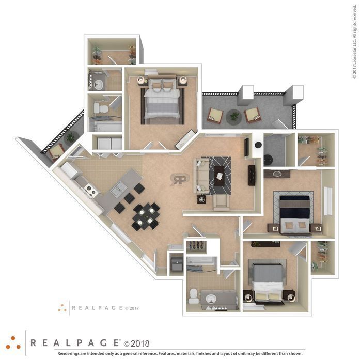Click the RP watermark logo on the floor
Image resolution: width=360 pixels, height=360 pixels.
[x=180, y=180]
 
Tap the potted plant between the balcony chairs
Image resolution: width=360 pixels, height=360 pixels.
[x=234, y=117]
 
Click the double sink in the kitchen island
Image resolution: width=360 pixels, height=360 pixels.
[x=119, y=189]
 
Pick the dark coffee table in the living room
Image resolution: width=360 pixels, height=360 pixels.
[x=220, y=176]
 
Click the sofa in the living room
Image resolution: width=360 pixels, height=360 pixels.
[x=201, y=176]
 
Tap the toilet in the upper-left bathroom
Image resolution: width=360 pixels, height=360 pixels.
[x=101, y=108]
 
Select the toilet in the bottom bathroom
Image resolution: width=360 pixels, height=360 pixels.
[x=193, y=296]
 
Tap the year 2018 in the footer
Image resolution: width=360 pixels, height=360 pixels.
[x=136, y=343]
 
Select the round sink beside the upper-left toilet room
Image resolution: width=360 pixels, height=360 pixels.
[x=99, y=84]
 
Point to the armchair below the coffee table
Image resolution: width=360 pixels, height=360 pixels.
[x=222, y=202]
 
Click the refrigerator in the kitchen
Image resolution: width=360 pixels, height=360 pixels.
[x=68, y=170]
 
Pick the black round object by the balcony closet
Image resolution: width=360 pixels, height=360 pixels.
[x=258, y=145]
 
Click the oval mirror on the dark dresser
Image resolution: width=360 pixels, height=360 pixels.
[x=277, y=174]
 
